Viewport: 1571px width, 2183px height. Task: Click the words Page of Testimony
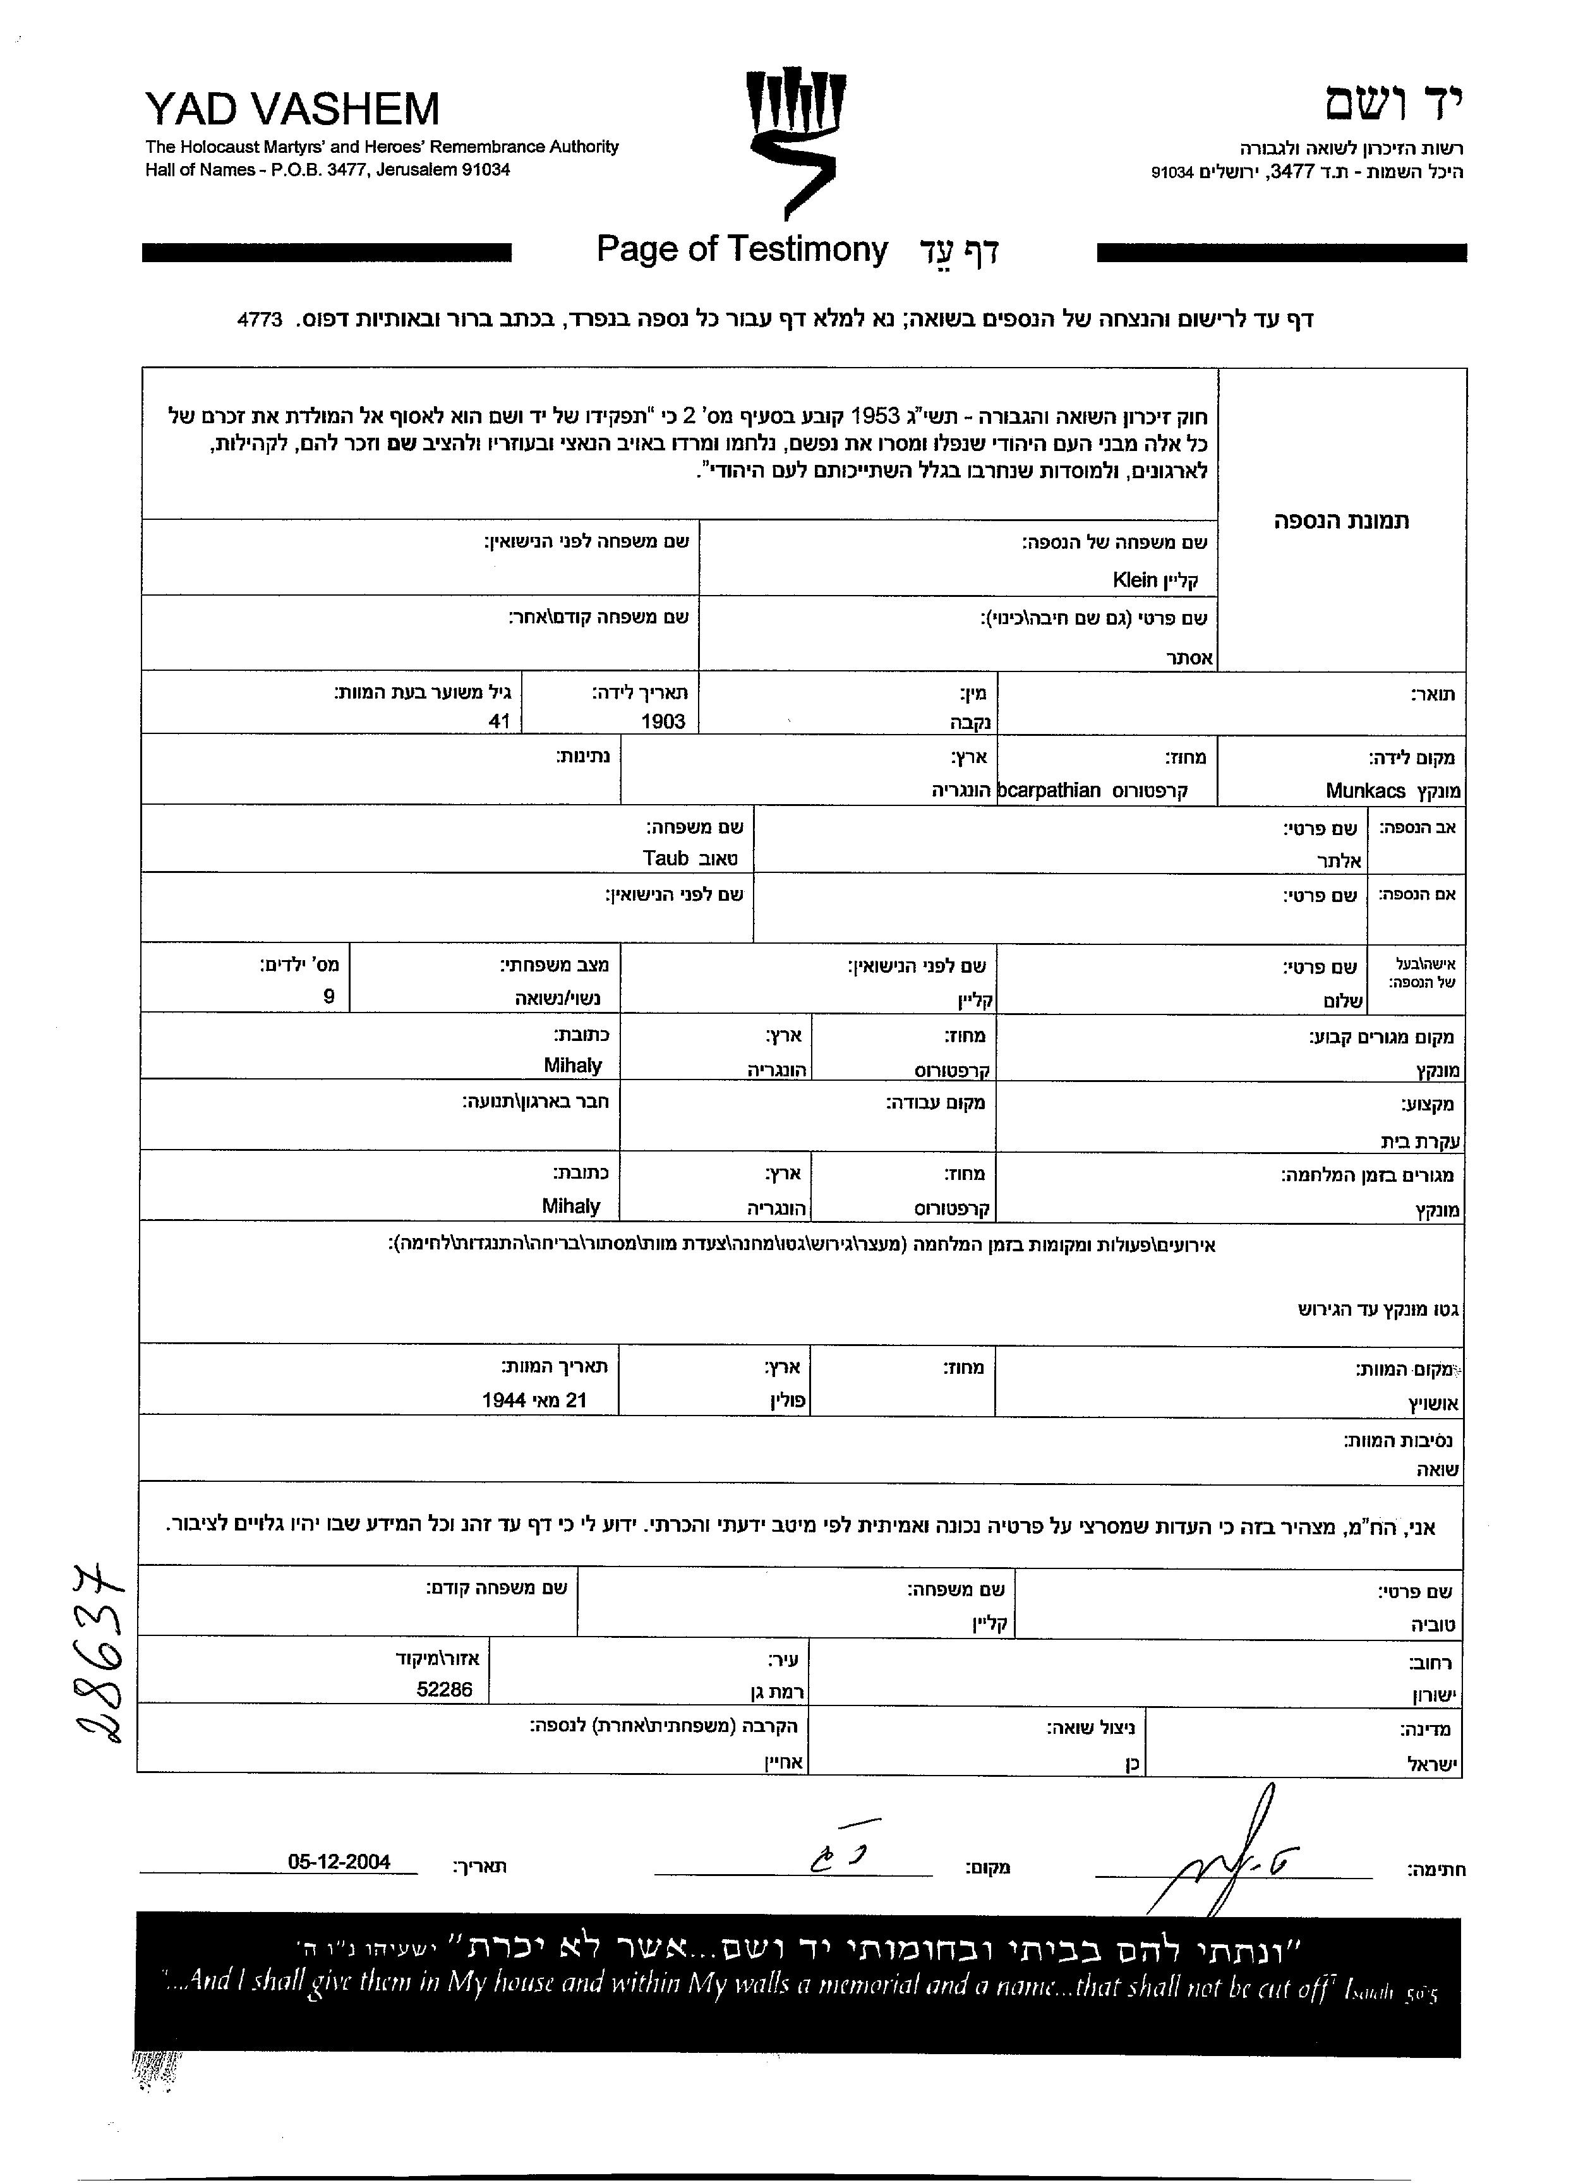(x=741, y=250)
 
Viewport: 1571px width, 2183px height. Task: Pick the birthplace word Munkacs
(x=1365, y=791)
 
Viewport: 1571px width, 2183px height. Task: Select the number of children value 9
(x=328, y=997)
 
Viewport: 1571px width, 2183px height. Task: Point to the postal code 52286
(x=444, y=1689)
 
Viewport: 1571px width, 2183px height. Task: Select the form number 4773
(x=259, y=320)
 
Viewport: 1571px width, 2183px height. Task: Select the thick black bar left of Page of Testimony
(x=327, y=252)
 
